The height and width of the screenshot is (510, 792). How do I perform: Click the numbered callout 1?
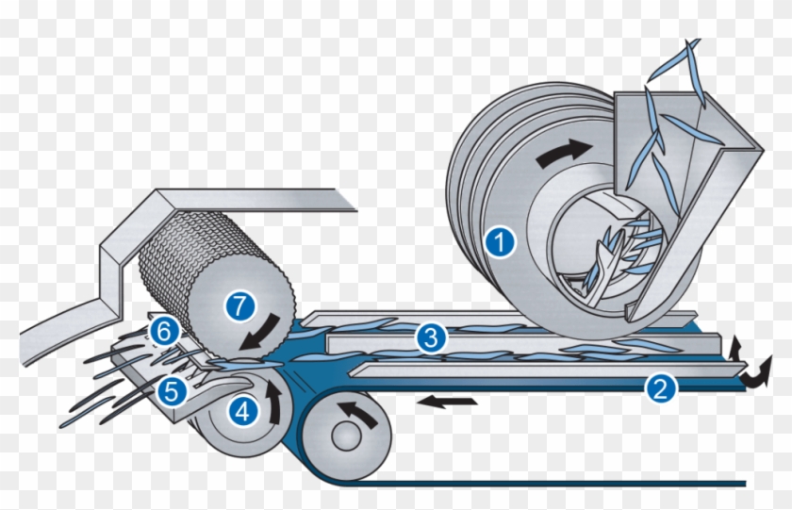(x=500, y=242)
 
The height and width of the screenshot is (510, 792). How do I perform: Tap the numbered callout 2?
(x=660, y=388)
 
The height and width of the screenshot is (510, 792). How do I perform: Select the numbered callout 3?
(x=431, y=337)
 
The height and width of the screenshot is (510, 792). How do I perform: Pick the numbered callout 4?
(x=243, y=412)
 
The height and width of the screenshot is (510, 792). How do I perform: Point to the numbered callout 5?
(x=172, y=391)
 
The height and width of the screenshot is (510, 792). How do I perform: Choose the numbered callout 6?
(x=164, y=332)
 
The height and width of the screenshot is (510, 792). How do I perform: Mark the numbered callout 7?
(x=239, y=306)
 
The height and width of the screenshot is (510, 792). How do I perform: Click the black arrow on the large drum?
(x=562, y=153)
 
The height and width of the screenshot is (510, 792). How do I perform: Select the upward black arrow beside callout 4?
(x=273, y=402)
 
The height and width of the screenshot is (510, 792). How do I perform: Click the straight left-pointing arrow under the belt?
(x=447, y=402)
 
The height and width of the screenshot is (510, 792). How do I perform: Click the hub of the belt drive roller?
(x=347, y=436)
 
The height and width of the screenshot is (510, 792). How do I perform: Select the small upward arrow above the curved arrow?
(x=734, y=349)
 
